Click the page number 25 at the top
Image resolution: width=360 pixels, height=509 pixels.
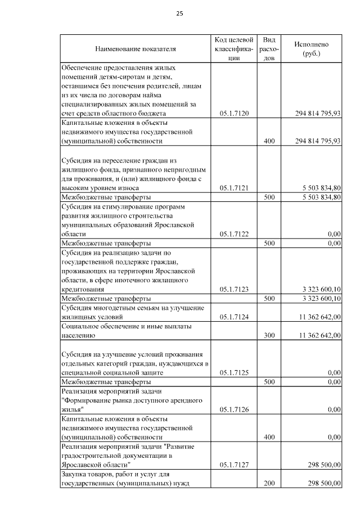click(x=180, y=13)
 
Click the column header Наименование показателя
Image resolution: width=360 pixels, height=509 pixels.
click(x=136, y=49)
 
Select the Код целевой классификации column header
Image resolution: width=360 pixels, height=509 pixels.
click(x=234, y=49)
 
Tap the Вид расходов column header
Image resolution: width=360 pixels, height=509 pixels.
click(x=269, y=49)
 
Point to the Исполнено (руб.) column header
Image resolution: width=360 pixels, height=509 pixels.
click(x=311, y=49)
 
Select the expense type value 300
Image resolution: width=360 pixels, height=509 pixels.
click(x=269, y=336)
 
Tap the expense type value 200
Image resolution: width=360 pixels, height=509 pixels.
click(x=269, y=483)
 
